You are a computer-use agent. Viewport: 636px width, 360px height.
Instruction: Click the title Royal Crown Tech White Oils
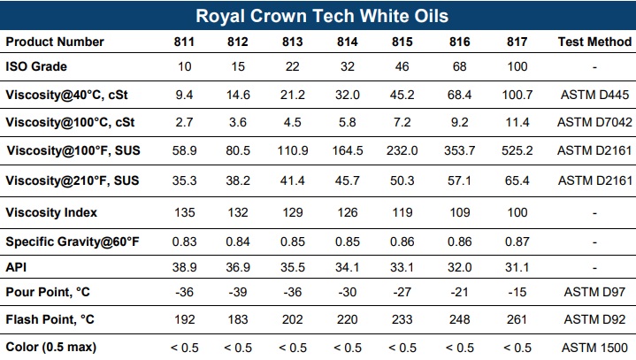click(x=321, y=16)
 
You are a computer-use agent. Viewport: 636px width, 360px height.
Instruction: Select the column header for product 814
click(x=347, y=42)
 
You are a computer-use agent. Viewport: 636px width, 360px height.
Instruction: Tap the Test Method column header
click(x=594, y=42)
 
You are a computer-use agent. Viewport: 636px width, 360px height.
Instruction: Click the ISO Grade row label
click(x=36, y=66)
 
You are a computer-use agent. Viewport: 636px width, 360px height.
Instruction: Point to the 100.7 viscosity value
click(x=517, y=94)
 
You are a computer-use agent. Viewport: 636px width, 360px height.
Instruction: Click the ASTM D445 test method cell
click(x=594, y=94)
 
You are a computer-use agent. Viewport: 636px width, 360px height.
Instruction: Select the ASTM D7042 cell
click(x=594, y=122)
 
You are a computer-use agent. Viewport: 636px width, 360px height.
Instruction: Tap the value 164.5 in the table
click(x=347, y=151)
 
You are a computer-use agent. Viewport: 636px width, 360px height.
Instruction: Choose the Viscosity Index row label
click(x=51, y=212)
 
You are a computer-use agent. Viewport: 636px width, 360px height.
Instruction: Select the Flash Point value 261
click(x=517, y=319)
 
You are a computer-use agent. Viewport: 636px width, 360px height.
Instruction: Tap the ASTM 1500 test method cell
click(x=594, y=347)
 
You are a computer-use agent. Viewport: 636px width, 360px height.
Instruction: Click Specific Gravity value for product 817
click(x=517, y=241)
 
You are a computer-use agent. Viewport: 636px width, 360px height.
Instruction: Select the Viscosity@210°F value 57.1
click(x=460, y=181)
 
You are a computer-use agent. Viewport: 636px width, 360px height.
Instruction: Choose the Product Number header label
click(x=55, y=42)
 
